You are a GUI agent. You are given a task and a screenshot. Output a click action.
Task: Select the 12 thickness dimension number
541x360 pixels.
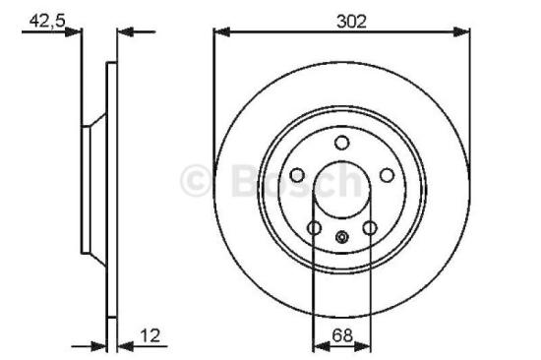click(151, 334)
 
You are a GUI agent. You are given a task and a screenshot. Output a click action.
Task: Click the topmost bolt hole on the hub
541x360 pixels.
click(341, 144)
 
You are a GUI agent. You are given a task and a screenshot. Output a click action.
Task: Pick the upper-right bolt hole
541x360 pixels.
click(387, 176)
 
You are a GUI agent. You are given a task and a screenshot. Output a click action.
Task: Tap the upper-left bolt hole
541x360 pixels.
click(296, 176)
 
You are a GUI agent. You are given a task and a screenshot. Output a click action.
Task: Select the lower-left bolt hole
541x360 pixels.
click(314, 228)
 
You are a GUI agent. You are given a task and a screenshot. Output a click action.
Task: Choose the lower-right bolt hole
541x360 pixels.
click(370, 228)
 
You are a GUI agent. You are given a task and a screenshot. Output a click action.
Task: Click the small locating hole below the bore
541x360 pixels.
click(341, 236)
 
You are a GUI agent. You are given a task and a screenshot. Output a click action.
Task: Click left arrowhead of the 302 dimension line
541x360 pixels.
click(220, 32)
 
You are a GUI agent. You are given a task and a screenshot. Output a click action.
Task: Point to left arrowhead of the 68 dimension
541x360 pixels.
click(319, 346)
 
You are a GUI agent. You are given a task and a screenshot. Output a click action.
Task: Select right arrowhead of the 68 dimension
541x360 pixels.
click(366, 346)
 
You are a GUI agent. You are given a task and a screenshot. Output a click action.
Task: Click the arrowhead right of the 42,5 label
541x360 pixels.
click(74, 32)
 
